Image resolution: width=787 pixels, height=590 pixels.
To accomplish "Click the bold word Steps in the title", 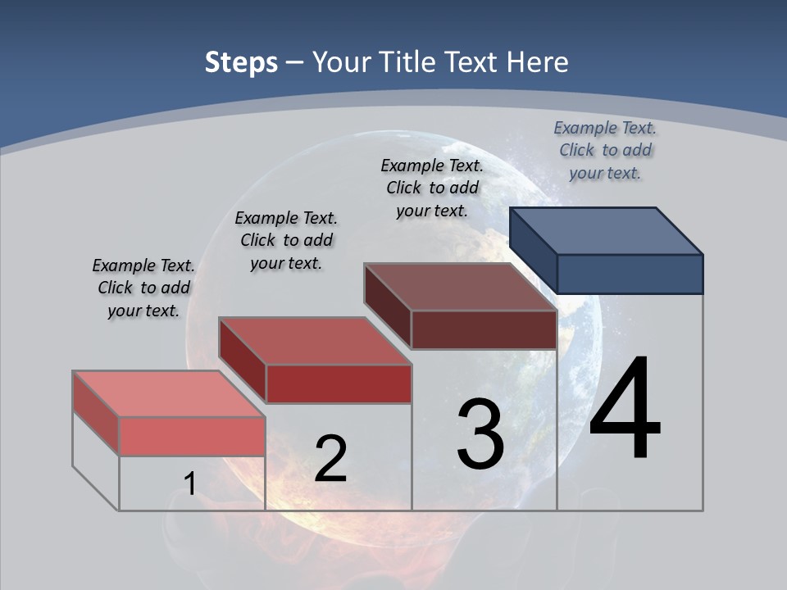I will click(x=241, y=62).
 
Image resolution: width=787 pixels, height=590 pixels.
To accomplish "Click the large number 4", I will click(x=625, y=410).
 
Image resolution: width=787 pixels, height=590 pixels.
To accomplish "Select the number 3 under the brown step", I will click(x=480, y=434).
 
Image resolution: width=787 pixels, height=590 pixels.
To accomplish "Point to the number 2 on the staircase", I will click(x=331, y=459).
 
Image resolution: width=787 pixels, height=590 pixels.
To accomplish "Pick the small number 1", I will click(x=189, y=484).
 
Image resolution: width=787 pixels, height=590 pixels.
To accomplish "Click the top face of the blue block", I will click(x=607, y=229).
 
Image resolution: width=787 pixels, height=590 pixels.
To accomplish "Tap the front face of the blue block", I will click(x=630, y=274).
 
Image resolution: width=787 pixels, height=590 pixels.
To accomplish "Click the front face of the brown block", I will click(x=484, y=330).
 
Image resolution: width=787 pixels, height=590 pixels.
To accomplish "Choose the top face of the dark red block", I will click(x=315, y=340).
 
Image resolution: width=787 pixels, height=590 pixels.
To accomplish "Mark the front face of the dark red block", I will click(x=339, y=383).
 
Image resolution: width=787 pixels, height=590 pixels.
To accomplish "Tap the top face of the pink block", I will click(x=169, y=393).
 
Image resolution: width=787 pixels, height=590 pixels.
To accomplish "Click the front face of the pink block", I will click(x=192, y=436).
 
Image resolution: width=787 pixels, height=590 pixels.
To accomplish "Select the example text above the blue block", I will click(x=605, y=150).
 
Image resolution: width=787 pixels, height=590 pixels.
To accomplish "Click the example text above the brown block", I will click(x=432, y=188).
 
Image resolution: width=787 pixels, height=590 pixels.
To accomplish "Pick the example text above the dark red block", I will click(x=286, y=240).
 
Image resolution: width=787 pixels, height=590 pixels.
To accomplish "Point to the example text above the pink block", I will click(x=143, y=288).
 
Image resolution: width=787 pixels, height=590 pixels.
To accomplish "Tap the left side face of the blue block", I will click(x=533, y=251).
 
